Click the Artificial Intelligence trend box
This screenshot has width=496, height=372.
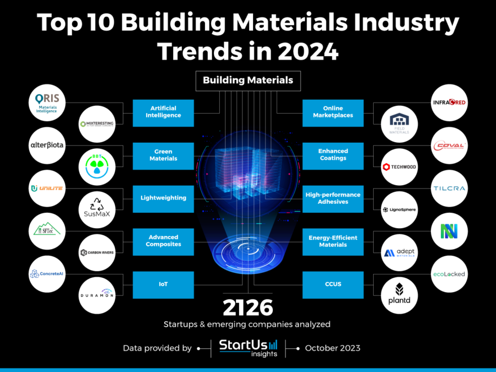[x=163, y=112]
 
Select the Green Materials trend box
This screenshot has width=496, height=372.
[x=163, y=155]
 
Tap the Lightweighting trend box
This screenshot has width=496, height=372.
[x=163, y=198]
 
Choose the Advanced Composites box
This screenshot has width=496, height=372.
[x=163, y=241]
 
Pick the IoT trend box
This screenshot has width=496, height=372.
[x=163, y=284]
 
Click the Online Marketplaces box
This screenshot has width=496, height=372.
[x=333, y=112]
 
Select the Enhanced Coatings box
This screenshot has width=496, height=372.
[x=333, y=155]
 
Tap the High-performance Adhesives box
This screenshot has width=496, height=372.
[x=333, y=198]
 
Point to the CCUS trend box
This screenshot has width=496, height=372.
[x=333, y=284]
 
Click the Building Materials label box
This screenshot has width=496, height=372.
[x=247, y=80]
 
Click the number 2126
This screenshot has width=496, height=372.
[x=247, y=308]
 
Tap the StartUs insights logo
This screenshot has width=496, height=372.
[x=248, y=347]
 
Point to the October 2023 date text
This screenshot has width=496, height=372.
[x=332, y=348]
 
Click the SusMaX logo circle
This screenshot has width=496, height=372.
[x=97, y=209]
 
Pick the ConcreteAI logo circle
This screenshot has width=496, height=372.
[x=47, y=274]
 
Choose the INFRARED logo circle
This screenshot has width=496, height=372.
[x=449, y=103]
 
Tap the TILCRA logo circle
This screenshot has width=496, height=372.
[x=449, y=188]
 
